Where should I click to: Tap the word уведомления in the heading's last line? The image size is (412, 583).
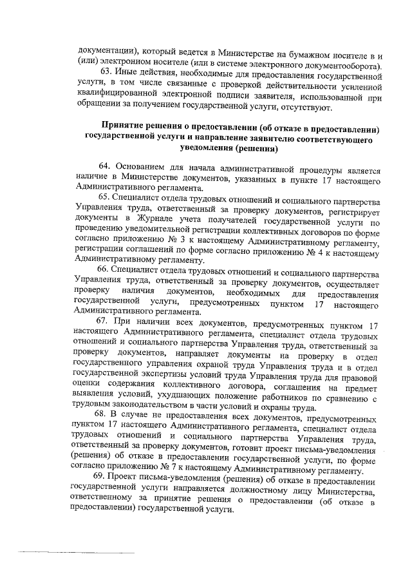199,148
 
